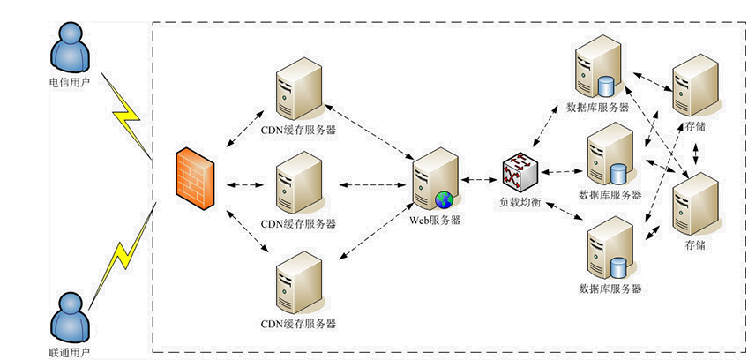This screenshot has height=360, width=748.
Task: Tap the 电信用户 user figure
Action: [70, 49]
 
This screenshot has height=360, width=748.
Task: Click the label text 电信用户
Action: [70, 87]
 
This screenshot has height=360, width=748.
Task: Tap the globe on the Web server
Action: [445, 199]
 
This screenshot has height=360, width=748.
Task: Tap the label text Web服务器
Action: [435, 221]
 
